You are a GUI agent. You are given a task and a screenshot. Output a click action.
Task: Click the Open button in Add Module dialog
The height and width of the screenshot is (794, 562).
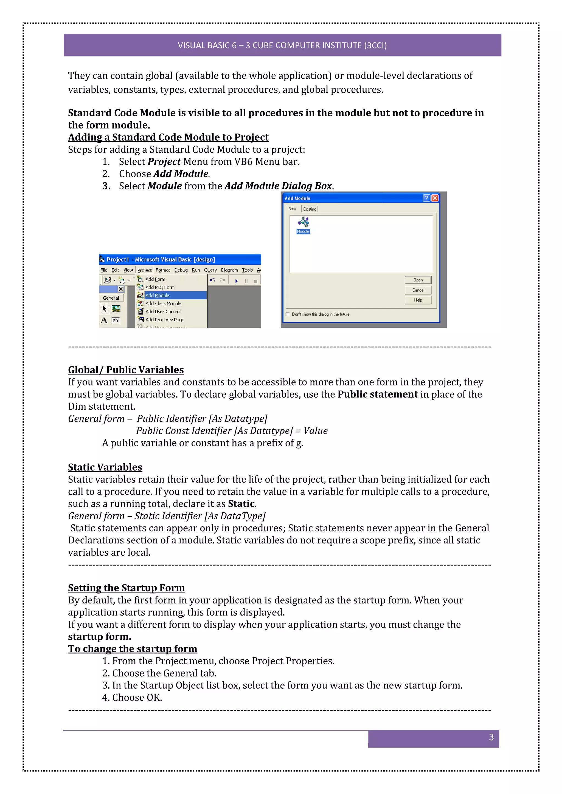click(418, 280)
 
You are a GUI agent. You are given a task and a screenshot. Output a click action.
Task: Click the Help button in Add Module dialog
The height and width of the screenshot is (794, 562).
click(418, 300)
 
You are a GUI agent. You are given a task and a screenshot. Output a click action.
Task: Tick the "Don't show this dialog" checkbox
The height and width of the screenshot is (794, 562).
click(288, 314)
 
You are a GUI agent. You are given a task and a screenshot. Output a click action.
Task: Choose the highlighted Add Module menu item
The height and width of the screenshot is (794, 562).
click(158, 295)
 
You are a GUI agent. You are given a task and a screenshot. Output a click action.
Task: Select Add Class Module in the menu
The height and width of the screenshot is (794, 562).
click(163, 303)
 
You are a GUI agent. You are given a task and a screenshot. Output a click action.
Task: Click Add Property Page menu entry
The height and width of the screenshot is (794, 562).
click(164, 319)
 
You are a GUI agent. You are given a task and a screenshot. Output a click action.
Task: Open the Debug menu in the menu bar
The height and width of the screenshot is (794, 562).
click(181, 270)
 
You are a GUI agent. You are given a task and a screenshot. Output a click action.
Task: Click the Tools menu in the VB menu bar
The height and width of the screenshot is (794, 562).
click(247, 270)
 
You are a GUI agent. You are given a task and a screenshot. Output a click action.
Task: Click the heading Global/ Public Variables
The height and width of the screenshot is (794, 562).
click(126, 370)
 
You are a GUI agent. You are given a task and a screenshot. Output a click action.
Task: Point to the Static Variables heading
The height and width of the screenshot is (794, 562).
click(105, 467)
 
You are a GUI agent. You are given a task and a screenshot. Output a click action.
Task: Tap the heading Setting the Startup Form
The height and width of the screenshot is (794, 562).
click(126, 588)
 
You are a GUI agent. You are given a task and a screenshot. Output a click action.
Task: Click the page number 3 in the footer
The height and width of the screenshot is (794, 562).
click(491, 737)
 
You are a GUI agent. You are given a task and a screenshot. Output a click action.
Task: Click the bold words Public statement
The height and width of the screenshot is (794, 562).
click(378, 394)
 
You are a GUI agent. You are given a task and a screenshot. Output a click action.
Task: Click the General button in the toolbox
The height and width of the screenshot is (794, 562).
click(111, 298)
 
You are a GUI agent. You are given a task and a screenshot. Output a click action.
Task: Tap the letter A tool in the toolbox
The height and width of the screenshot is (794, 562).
click(104, 320)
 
